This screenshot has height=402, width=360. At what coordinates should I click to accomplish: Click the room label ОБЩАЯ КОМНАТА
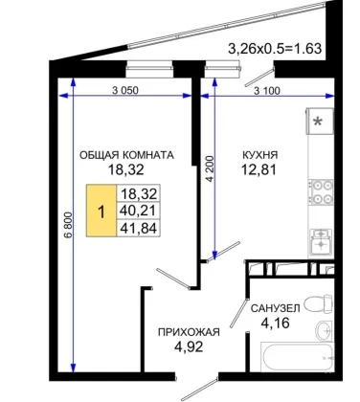126,155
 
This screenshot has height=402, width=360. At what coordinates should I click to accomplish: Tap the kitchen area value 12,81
259,169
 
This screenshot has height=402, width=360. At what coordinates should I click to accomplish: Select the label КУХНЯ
260,155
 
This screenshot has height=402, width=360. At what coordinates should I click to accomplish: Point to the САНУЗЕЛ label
275,308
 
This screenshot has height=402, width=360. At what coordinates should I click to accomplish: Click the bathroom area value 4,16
275,324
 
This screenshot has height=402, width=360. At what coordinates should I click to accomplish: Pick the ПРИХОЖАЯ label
189,332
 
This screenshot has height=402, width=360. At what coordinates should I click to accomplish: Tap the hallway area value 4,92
189,346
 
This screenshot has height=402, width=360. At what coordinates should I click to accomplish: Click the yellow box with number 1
101,211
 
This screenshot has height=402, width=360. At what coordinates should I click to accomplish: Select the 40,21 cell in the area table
138,211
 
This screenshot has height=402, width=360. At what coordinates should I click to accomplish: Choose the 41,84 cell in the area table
138,228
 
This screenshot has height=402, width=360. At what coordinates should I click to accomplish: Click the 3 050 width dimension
125,91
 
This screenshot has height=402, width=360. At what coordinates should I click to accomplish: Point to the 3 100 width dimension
267,91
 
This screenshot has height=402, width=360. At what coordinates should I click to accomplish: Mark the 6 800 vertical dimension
68,225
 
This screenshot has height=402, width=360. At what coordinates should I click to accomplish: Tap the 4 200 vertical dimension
210,168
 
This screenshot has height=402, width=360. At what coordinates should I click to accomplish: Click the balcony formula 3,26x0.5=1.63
275,49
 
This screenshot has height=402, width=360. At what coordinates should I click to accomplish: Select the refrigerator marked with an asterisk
320,122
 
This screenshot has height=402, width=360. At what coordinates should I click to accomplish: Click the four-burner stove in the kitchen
321,192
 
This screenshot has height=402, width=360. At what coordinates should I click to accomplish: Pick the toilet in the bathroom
318,303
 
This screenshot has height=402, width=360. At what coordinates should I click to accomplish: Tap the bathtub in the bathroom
298,357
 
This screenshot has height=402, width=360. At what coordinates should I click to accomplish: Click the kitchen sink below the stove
321,240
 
